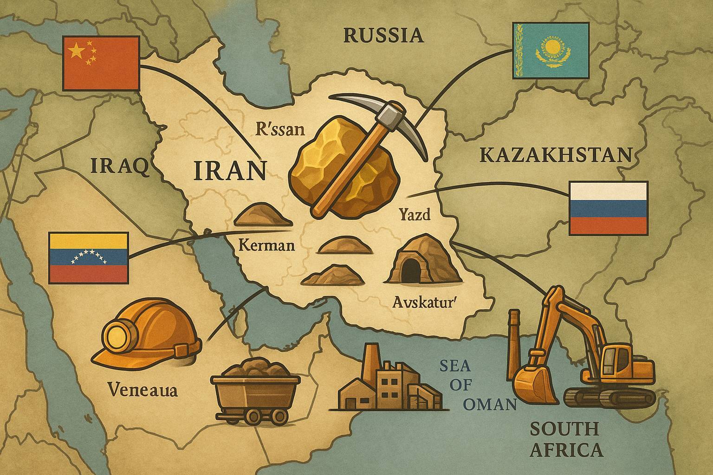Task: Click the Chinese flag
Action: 100,63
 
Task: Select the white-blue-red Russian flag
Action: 609,208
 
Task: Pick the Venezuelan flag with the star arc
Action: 88,257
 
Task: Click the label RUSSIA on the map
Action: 383,35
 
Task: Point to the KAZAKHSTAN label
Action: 556,155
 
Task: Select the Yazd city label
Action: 415,215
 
